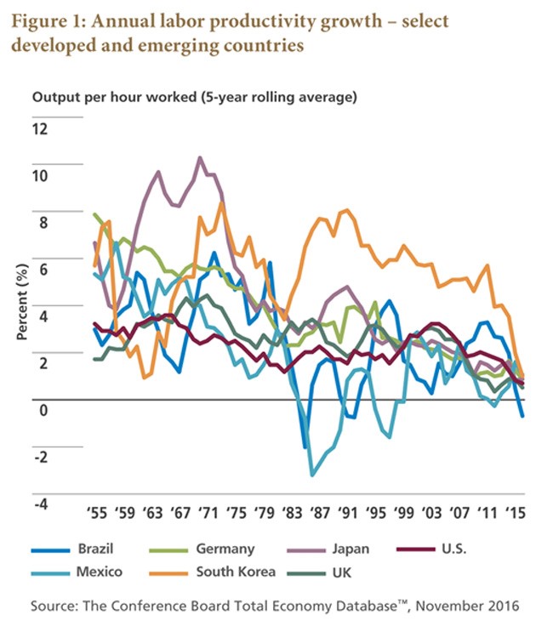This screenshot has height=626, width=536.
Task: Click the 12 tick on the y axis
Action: (x=41, y=129)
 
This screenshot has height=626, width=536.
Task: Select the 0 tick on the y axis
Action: (x=45, y=410)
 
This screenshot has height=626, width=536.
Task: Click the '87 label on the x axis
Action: (x=320, y=515)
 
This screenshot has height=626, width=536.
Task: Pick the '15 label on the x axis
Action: (x=514, y=515)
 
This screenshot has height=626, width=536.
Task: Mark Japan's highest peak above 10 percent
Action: (x=200, y=157)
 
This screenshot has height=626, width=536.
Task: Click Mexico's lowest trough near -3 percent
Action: (x=313, y=475)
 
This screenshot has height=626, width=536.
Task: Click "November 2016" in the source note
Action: (x=473, y=606)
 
